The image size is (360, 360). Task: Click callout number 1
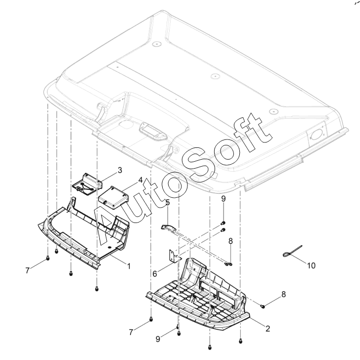coord(129,267)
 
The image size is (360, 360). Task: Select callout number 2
coord(268,329)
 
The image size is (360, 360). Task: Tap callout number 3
coord(120,170)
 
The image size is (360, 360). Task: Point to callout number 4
coord(140,180)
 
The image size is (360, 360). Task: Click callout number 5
coord(167,203)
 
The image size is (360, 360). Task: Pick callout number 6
coord(155,273)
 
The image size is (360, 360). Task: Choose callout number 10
coord(312,266)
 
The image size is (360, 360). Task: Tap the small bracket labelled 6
coord(174,256)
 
